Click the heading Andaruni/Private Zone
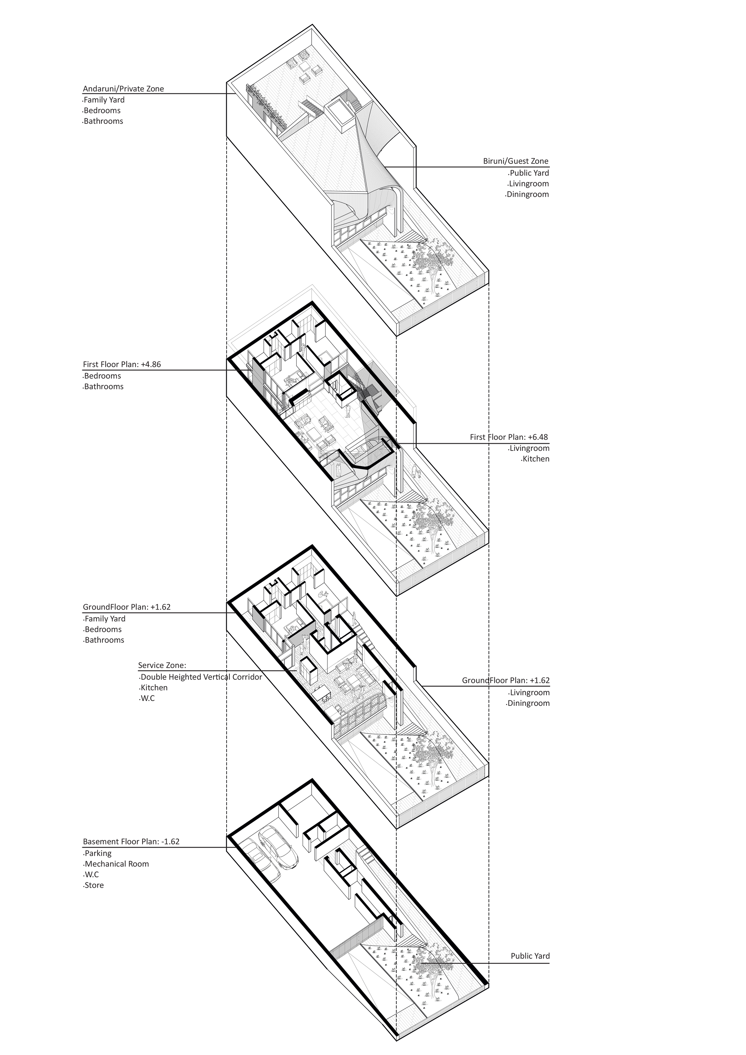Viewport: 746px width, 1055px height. [123, 89]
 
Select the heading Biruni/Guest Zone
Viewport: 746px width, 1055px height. [515, 161]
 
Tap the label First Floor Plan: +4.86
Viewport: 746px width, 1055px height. [122, 365]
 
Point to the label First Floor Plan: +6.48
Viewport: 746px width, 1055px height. [509, 437]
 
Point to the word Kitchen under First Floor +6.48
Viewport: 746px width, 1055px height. [535, 459]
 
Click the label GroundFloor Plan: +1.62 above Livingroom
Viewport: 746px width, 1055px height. [506, 681]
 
